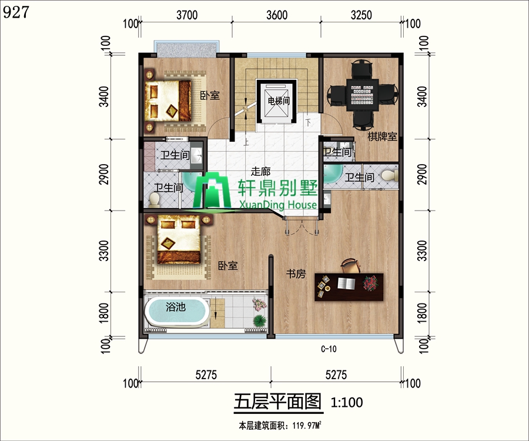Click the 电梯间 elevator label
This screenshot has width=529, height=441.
(279, 101)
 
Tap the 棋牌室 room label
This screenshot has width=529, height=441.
(382, 136)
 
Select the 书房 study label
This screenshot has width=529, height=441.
(296, 273)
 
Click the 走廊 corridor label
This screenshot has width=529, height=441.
(260, 172)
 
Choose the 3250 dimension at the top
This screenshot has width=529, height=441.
(361, 16)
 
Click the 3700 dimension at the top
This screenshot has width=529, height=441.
(186, 16)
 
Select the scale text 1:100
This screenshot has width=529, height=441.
(347, 403)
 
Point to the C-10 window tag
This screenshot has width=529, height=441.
(329, 349)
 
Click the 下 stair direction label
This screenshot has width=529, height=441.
(308, 123)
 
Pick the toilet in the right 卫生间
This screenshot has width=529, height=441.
(388, 175)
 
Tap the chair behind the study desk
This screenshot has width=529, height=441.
(349, 266)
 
